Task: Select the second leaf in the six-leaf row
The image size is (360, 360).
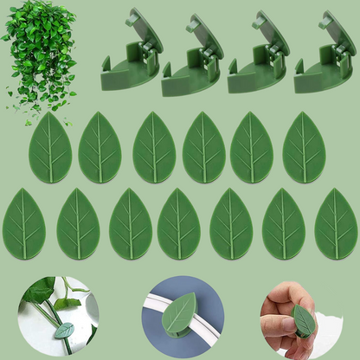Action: point(100,148)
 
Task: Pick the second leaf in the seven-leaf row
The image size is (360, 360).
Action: point(78,224)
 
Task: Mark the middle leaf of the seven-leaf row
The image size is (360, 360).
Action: point(179,224)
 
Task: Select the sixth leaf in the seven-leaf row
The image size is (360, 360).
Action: point(284,224)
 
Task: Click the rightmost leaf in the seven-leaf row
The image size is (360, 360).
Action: point(336,224)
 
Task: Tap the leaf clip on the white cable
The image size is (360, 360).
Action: point(179,314)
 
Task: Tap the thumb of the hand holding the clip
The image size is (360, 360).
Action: point(275,327)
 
